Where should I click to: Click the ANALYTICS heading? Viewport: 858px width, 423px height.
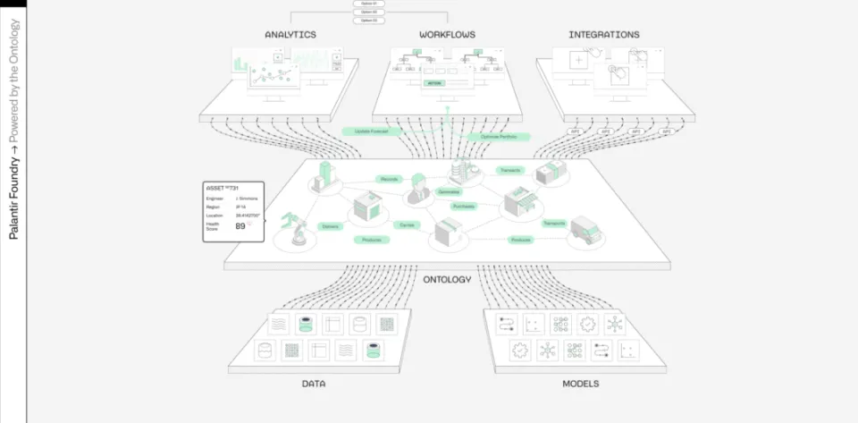tap(290, 35)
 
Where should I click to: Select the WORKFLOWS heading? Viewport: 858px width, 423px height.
tap(447, 35)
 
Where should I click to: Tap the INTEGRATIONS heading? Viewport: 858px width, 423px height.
tap(604, 35)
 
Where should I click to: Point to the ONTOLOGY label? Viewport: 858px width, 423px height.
tap(447, 280)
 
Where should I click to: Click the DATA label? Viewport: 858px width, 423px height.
tap(313, 384)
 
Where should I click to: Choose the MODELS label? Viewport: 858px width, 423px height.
tap(581, 384)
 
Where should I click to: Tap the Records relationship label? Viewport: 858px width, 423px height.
tap(389, 179)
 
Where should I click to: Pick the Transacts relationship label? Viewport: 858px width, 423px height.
tap(510, 170)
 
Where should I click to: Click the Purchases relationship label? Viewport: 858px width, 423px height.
tap(464, 206)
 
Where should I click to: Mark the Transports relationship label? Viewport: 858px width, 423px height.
tap(551, 223)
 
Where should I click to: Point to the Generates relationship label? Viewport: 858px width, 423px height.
tap(449, 191)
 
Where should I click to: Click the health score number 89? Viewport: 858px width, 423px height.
tap(240, 226)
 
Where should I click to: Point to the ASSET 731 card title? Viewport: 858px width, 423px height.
tap(223, 189)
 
